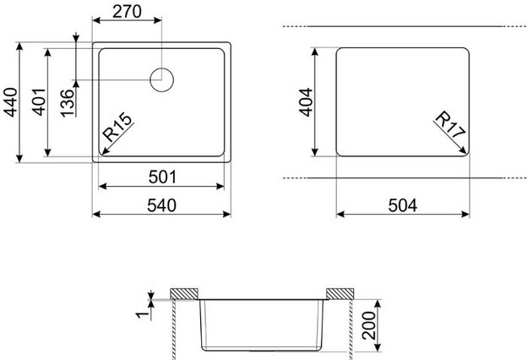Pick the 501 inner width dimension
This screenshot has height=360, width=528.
point(161,177)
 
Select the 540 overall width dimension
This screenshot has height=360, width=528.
point(161,204)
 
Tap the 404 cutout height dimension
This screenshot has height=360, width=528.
point(306,101)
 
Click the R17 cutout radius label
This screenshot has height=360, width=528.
point(447,126)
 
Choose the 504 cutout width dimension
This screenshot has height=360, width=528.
point(404,204)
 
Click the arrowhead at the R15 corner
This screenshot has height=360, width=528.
point(103,154)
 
